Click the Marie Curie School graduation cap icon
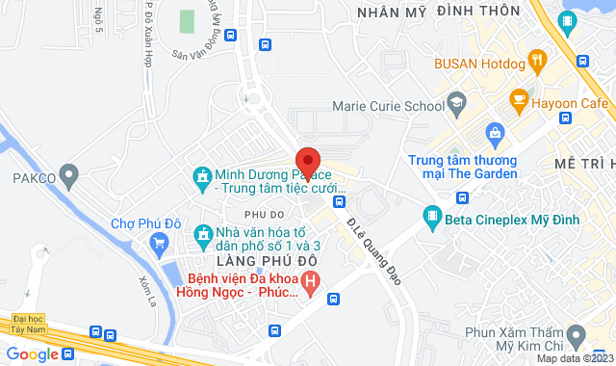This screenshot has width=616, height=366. [457, 100]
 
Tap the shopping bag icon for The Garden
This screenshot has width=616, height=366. [495, 132]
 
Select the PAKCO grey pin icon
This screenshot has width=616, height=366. [68, 176]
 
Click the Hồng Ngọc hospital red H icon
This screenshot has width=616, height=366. [310, 281]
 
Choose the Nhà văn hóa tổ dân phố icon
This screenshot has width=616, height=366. [203, 234]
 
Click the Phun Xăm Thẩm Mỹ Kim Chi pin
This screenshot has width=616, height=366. [576, 334]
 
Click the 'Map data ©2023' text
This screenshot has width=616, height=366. [574, 359]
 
